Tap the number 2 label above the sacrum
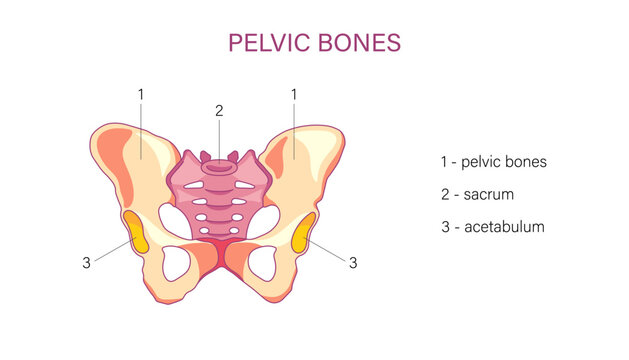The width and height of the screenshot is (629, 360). (219, 111)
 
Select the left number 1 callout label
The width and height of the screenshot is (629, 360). (141, 94)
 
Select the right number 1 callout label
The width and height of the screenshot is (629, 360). (294, 94)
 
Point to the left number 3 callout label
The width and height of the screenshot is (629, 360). (87, 263)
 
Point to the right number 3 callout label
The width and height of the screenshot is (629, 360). (352, 263)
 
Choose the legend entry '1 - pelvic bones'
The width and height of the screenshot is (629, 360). (493, 161)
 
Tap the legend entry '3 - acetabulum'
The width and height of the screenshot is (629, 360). (492, 227)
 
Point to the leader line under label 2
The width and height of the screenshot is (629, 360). (219, 135)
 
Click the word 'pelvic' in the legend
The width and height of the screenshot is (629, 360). (483, 161)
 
